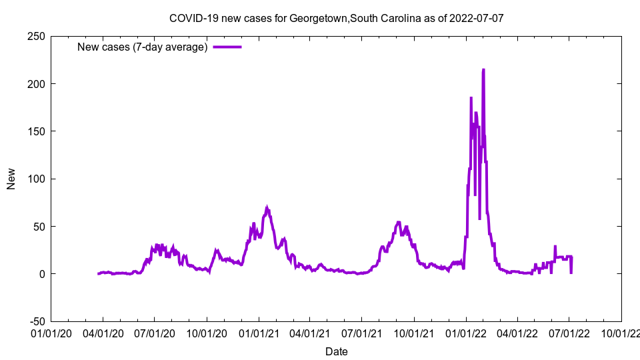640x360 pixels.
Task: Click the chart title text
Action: click(336, 18)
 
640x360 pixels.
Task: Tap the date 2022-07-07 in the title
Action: click(476, 18)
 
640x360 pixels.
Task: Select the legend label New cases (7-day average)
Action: click(143, 47)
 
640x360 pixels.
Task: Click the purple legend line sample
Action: click(227, 47)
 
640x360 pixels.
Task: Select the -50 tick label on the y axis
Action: click(36, 321)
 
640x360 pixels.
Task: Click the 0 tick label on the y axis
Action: click(41, 274)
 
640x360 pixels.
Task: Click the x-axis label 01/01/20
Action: click(51, 332)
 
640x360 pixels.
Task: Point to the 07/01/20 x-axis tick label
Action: click(155, 332)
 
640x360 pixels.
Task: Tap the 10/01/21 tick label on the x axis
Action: click(414, 332)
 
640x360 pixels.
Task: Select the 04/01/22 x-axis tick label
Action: click(517, 332)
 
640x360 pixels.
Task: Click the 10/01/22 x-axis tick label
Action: click(621, 332)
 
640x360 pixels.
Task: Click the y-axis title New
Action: click(11, 179)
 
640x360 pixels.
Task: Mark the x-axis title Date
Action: click(336, 351)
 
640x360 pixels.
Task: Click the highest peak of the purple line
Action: click(483, 69)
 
